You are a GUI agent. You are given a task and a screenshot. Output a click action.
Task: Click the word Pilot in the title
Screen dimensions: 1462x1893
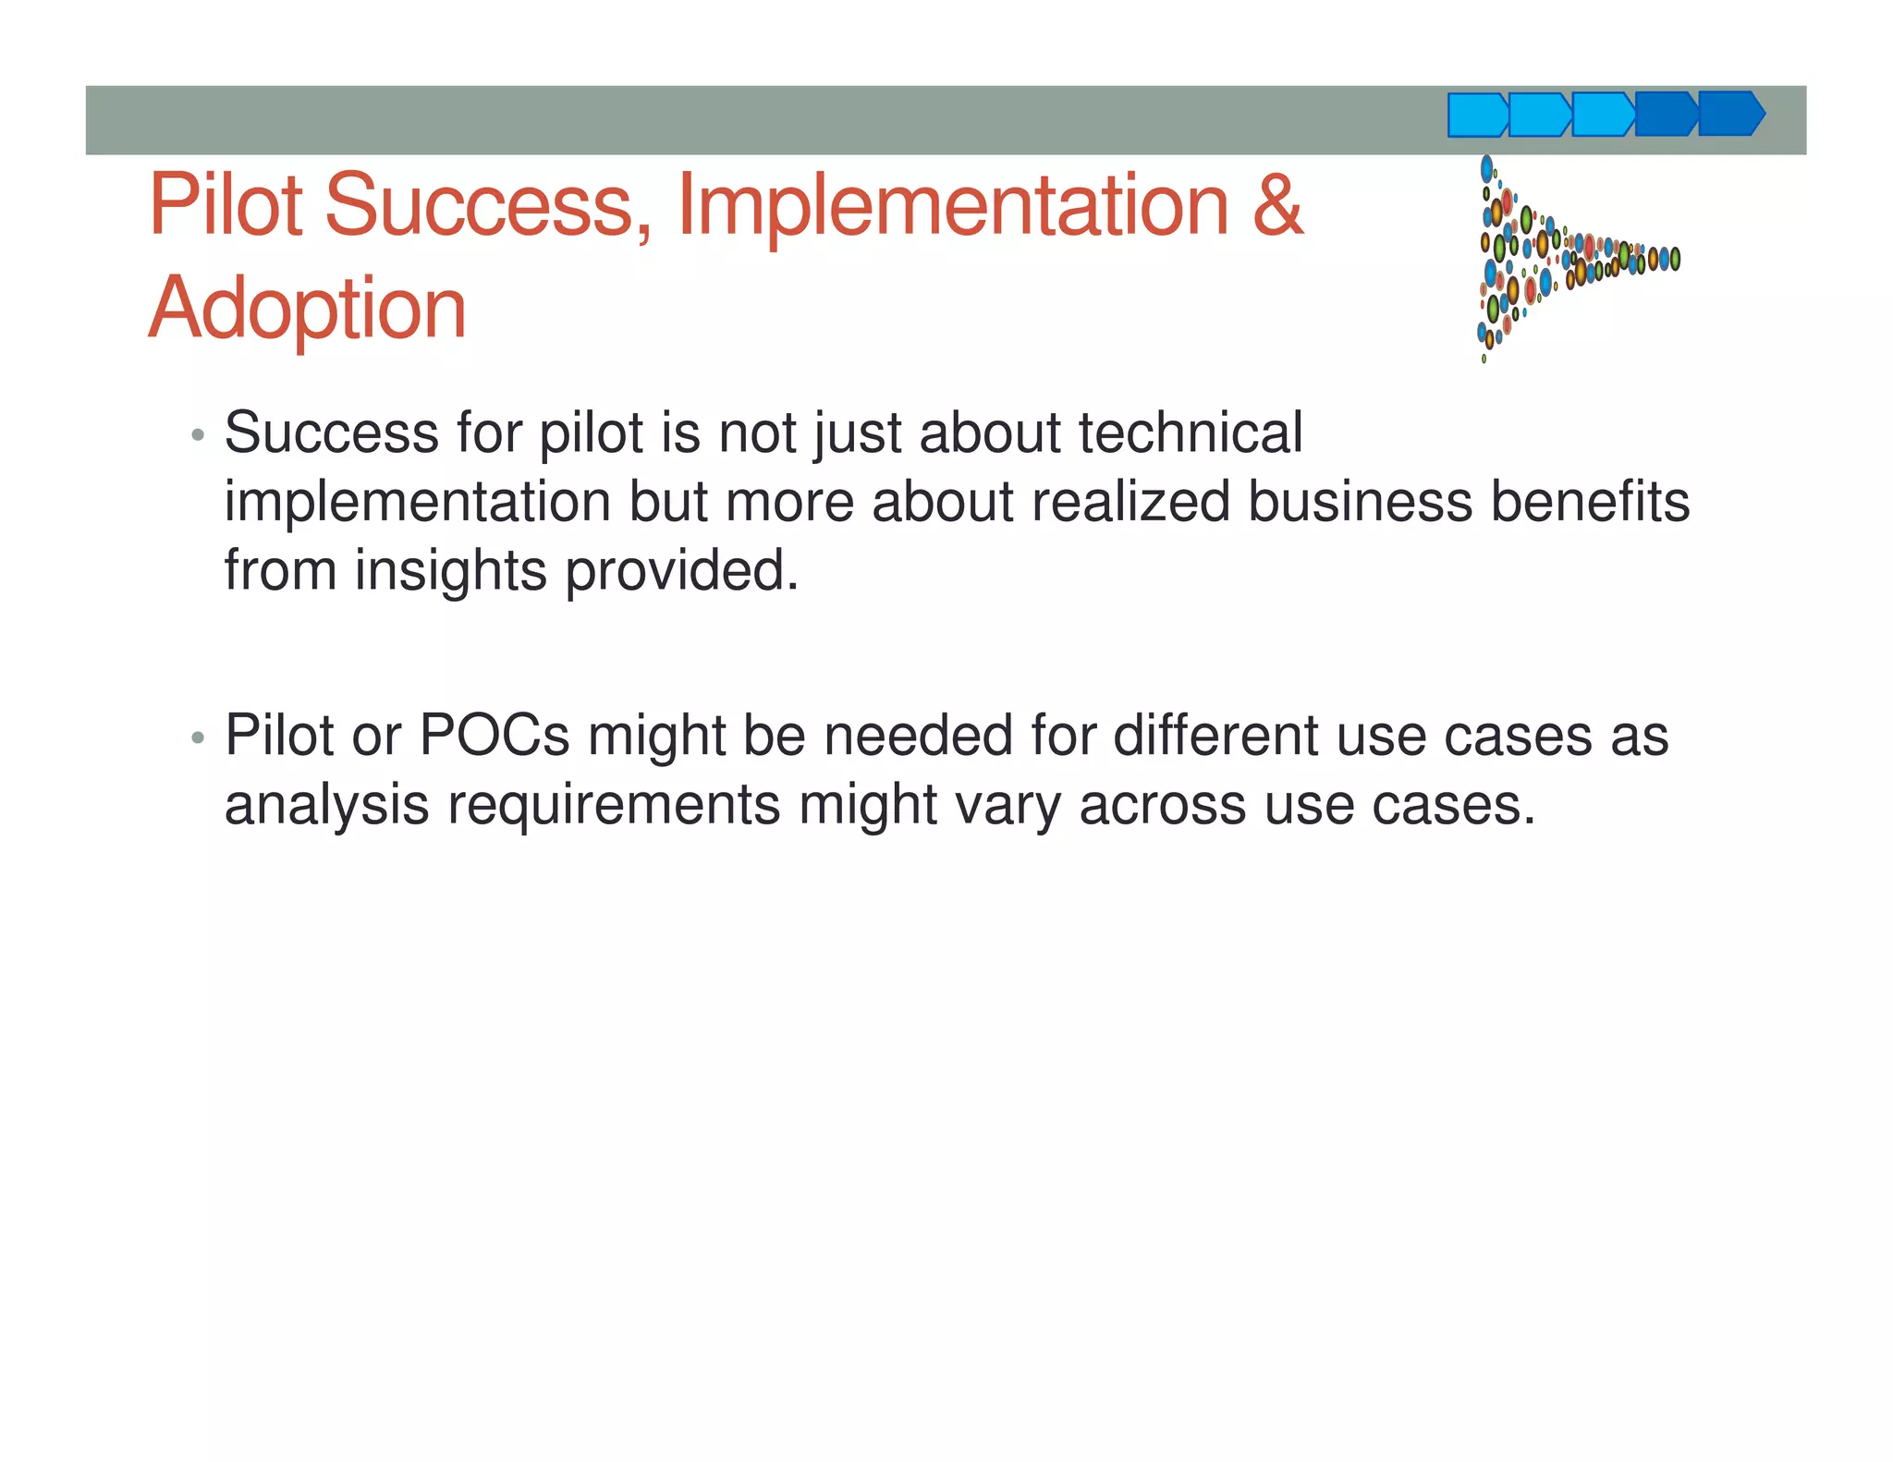coord(226,204)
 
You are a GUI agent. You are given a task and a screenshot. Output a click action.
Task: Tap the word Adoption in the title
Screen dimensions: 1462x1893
coord(307,309)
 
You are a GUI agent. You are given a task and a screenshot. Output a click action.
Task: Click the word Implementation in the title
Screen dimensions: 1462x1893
coord(952,204)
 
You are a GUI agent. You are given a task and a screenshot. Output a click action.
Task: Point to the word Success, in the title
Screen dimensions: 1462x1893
coord(488,204)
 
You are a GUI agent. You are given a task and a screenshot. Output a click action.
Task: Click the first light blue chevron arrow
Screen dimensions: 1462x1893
coord(1477,116)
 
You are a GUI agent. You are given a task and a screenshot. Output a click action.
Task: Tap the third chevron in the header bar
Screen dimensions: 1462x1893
coord(1603,115)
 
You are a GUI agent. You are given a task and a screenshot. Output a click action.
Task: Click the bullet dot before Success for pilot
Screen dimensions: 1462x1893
coord(197,435)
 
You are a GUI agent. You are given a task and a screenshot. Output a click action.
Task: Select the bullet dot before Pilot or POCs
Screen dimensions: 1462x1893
coord(197,738)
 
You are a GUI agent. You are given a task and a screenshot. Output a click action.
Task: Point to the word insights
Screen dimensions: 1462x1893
coord(451,571)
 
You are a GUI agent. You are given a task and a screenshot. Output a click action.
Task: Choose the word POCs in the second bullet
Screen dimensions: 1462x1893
coord(495,736)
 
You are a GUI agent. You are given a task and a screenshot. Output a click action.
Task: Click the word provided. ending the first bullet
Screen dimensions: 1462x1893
coord(681,571)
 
